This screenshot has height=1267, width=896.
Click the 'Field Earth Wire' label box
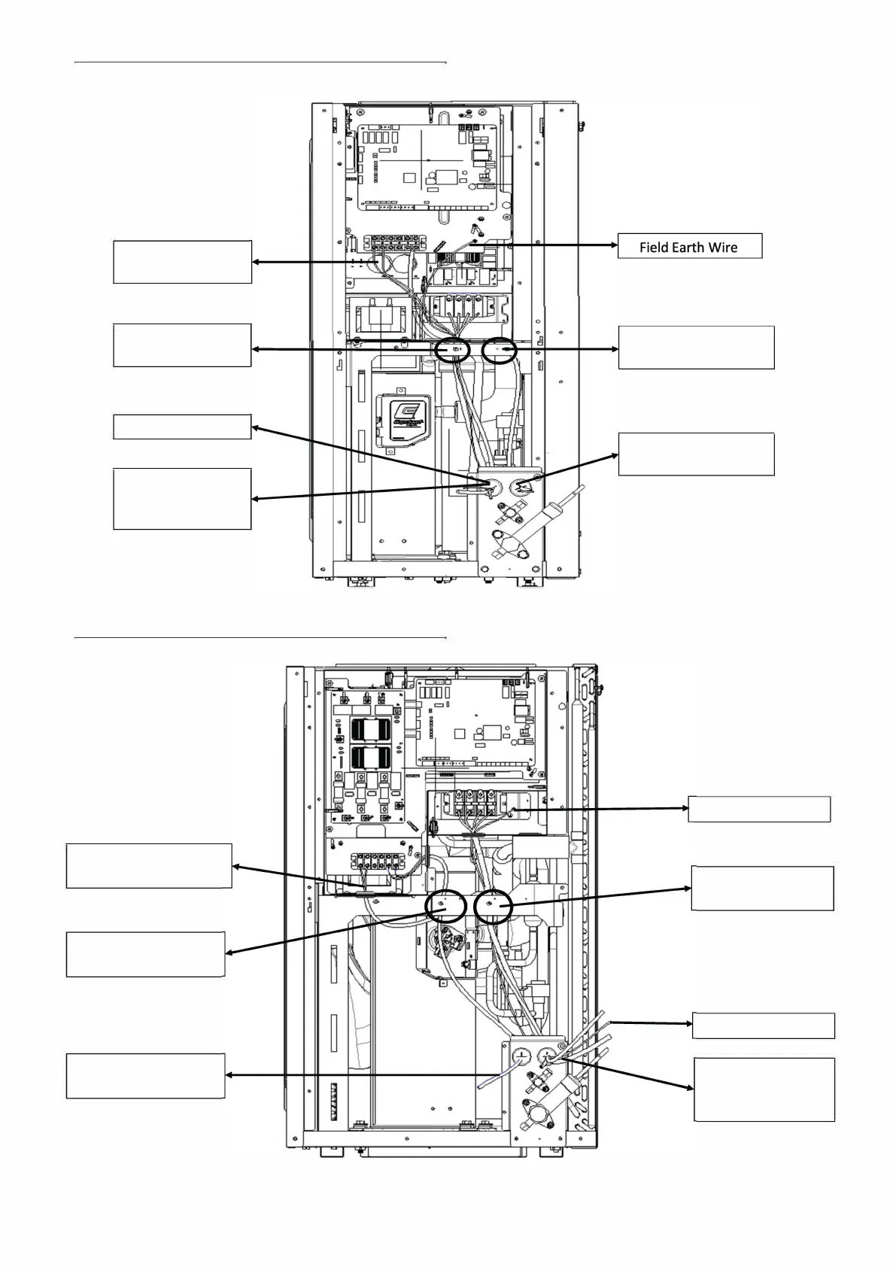point(689,246)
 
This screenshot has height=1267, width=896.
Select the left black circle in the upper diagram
point(453,350)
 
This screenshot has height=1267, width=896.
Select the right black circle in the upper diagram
point(500,350)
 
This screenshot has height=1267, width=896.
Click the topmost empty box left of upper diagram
point(182,262)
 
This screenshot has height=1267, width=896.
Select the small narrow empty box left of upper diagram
point(181,427)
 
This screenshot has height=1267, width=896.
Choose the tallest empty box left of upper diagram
point(181,499)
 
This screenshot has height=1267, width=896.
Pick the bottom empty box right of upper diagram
point(696,454)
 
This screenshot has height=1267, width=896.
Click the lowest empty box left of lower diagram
point(145,1076)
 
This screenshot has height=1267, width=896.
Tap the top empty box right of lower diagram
point(759,809)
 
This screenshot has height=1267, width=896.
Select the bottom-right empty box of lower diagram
point(764,1089)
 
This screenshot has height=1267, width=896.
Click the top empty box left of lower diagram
point(148,866)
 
